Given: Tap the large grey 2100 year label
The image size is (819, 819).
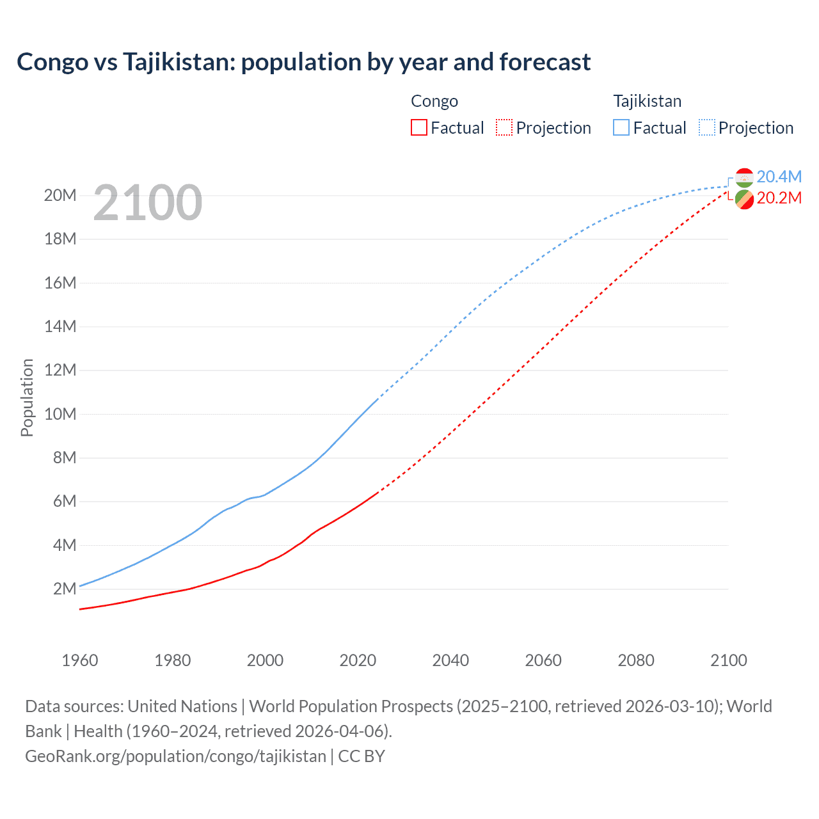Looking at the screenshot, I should (148, 203).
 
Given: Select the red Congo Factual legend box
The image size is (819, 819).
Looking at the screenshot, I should (418, 128).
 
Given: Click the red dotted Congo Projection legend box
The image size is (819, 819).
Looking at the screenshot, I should (504, 128).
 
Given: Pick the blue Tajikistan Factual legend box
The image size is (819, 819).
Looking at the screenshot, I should (621, 128).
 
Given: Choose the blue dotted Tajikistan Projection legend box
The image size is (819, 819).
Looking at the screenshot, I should (707, 128).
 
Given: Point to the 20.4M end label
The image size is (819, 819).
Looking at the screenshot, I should (779, 177).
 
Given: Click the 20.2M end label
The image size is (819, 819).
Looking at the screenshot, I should (779, 198).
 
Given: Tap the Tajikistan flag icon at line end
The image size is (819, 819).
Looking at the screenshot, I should (744, 177).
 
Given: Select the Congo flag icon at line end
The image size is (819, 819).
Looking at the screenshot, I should (744, 200).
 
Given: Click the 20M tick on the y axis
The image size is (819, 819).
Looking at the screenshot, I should (60, 195).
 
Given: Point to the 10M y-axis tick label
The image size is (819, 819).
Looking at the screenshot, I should (60, 414).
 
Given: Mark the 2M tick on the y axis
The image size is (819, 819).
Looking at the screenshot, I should (65, 589).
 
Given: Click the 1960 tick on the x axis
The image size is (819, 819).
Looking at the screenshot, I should (80, 660).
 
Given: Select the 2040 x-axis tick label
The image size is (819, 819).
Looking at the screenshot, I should (450, 660).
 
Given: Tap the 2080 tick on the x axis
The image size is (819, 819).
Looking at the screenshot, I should (636, 660).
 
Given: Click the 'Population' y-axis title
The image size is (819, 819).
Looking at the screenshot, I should (27, 397).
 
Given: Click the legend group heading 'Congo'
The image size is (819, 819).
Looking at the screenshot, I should (434, 101).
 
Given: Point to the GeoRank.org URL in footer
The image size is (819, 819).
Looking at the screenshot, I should (175, 756).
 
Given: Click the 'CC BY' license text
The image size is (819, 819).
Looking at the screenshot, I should (362, 756).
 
